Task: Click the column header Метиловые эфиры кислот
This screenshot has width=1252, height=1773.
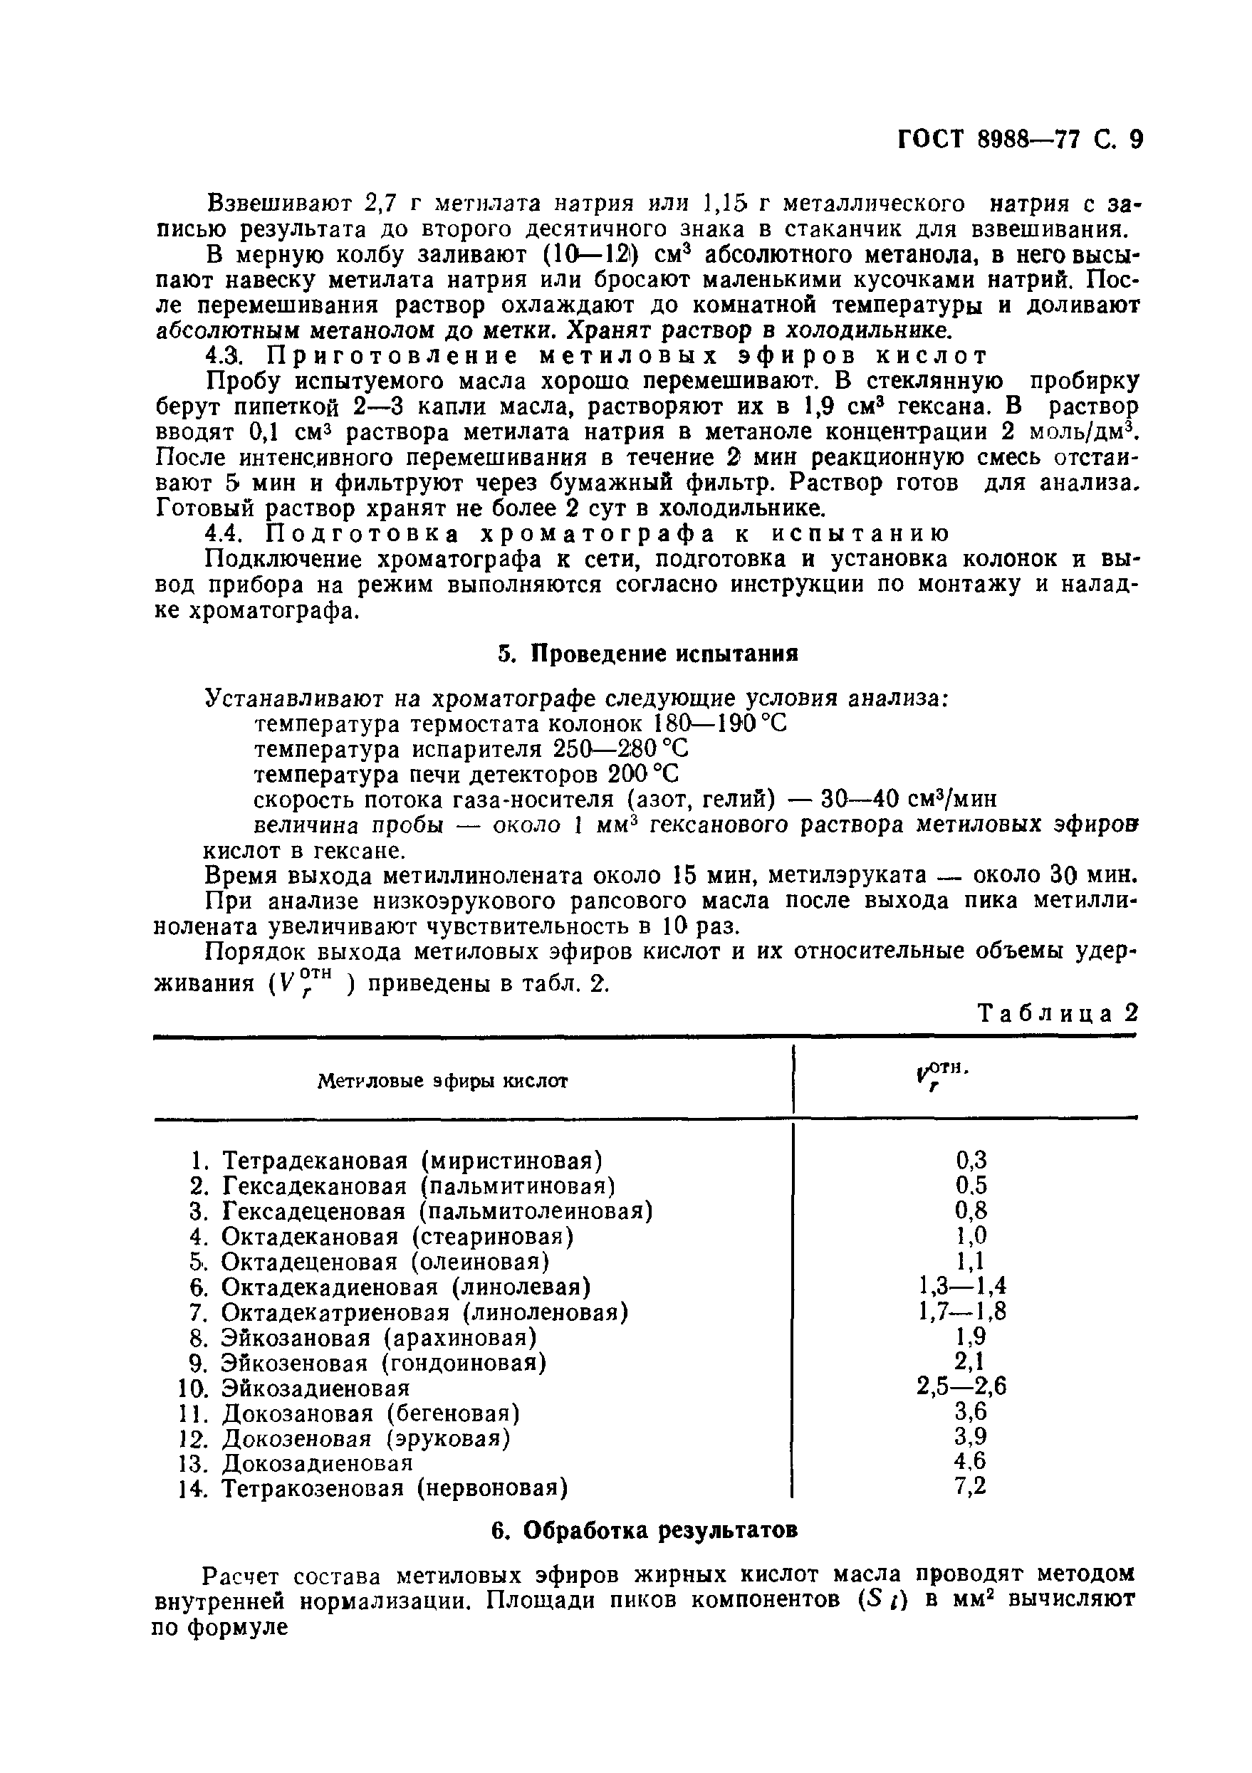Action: [442, 1080]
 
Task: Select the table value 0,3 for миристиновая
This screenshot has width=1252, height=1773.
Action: [971, 1159]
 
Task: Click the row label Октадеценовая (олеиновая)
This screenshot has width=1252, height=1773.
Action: [385, 1261]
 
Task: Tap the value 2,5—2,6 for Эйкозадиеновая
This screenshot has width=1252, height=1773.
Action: [961, 1386]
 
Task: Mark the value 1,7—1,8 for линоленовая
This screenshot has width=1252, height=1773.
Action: [961, 1311]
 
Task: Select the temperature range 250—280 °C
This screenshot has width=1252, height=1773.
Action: [620, 749]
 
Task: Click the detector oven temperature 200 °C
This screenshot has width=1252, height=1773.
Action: [643, 774]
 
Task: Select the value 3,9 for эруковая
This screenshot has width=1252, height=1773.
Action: [971, 1436]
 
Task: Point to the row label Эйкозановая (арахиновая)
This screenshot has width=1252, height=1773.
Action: [379, 1337]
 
